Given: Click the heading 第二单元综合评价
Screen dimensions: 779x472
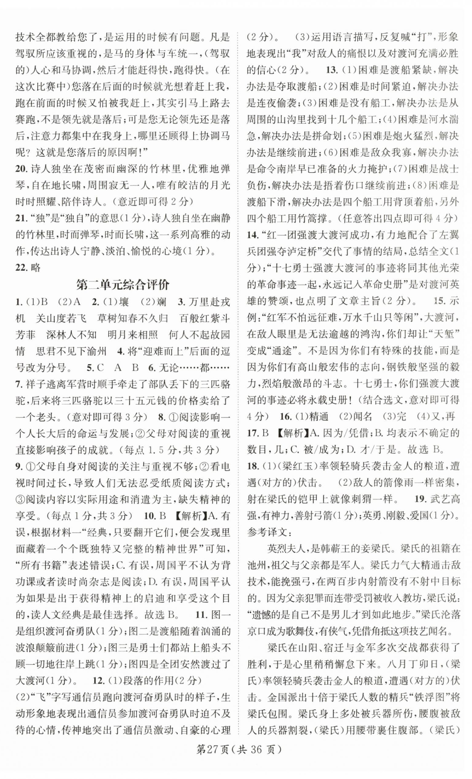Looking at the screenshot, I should pyautogui.click(x=123, y=285).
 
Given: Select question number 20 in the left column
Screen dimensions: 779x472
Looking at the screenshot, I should pyautogui.click(x=22, y=169).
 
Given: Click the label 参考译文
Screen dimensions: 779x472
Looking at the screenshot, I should pyautogui.click(x=266, y=532).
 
